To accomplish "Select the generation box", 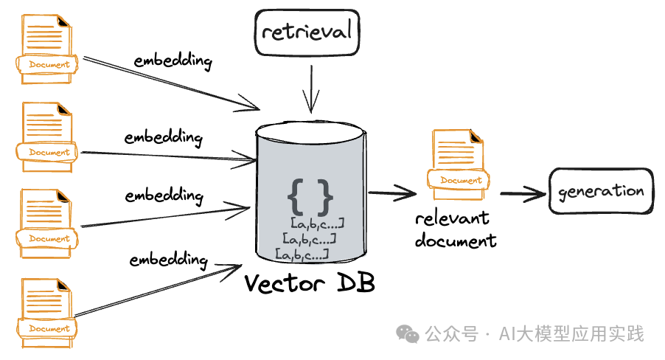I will pyautogui.click(x=601, y=192).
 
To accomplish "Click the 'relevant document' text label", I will pyautogui.click(x=455, y=229).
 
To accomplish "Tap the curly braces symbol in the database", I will pyautogui.click(x=310, y=195).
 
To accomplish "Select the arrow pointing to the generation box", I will pyautogui.click(x=522, y=193).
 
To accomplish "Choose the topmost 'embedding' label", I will pyautogui.click(x=173, y=60).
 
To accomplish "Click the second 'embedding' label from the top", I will pyautogui.click(x=163, y=138).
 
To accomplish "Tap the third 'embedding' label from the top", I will pyautogui.click(x=164, y=196).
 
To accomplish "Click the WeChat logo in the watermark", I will pyautogui.click(x=408, y=334).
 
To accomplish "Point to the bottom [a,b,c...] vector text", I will pyautogui.click(x=302, y=255).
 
